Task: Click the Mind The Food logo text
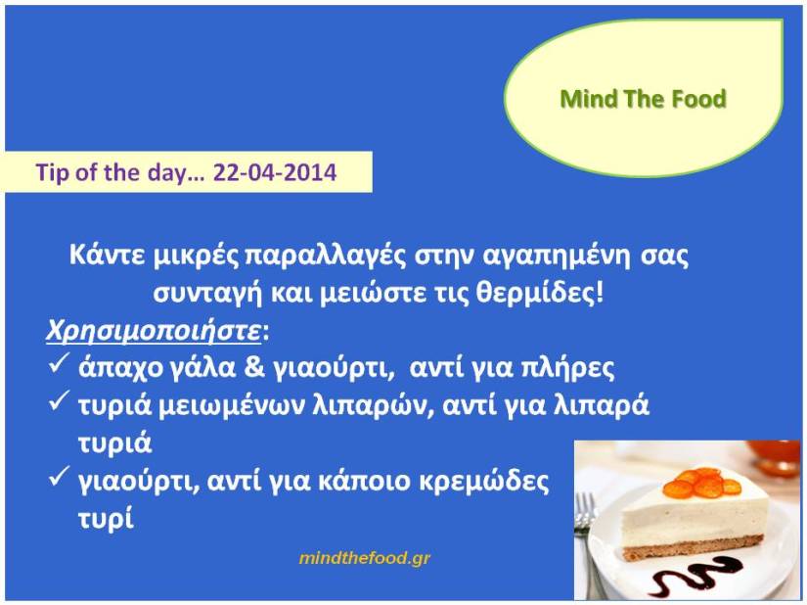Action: [x=643, y=98]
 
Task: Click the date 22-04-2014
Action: [x=275, y=172]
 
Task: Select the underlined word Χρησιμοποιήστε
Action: [x=154, y=331]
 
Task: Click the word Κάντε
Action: [x=107, y=255]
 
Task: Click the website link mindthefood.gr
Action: [x=365, y=558]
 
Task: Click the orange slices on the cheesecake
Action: [x=702, y=483]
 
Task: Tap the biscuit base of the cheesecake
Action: [x=693, y=548]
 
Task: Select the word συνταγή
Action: [x=207, y=294]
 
